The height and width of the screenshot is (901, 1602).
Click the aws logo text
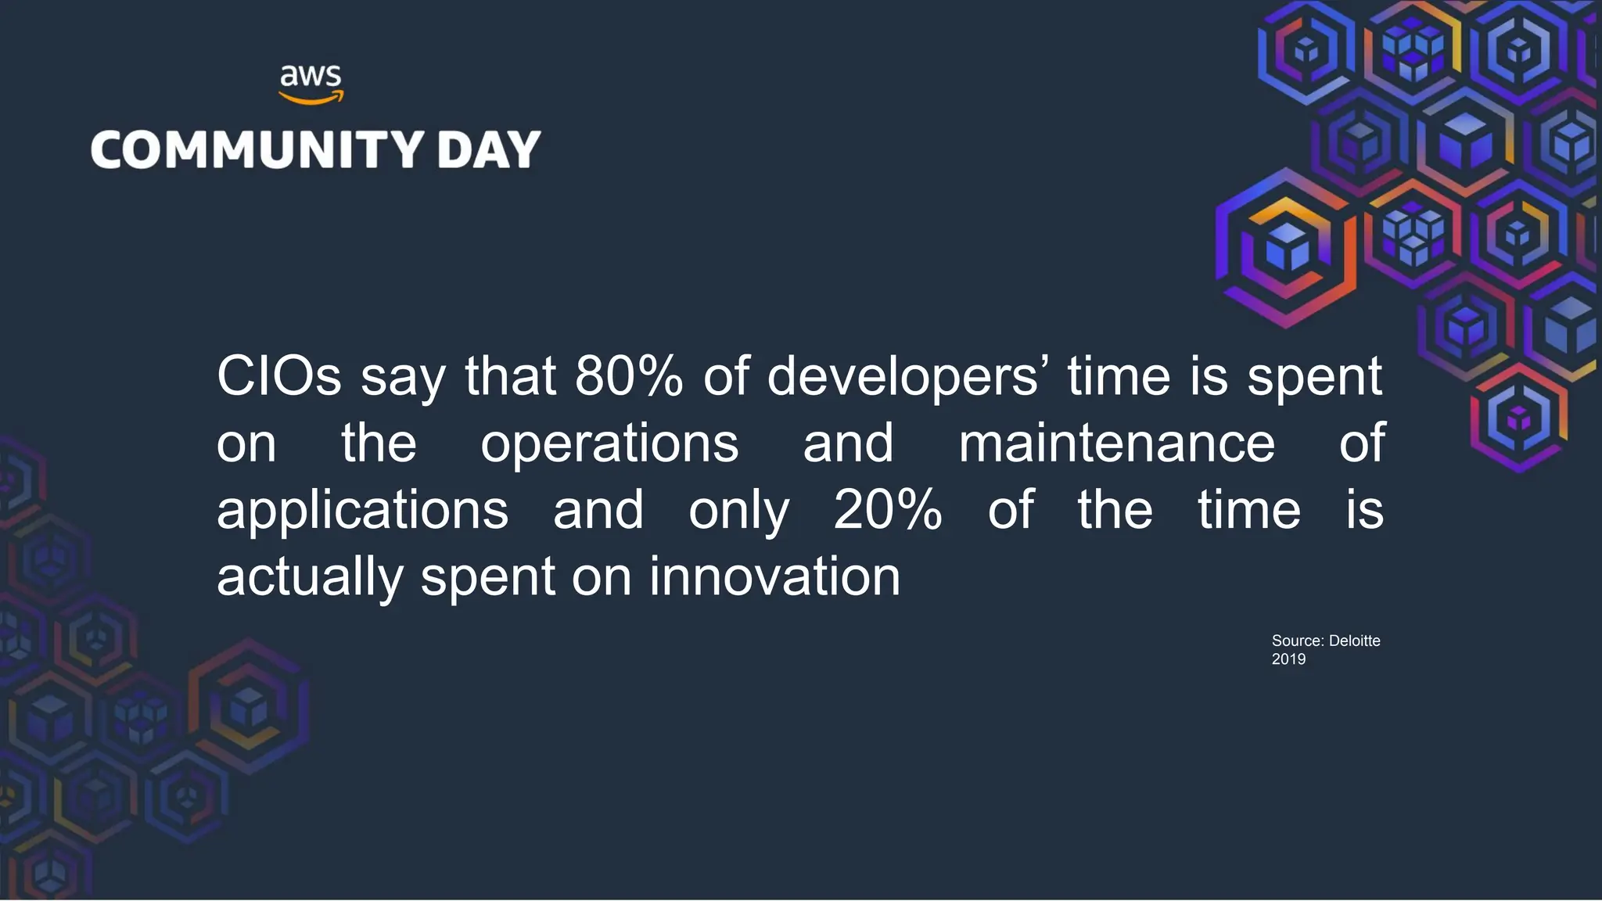point(311,77)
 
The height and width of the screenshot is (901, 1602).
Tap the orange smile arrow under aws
point(311,99)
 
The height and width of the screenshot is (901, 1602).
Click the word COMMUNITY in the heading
point(257,149)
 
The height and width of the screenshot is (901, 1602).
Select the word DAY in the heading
point(489,149)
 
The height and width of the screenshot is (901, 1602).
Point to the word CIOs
point(279,376)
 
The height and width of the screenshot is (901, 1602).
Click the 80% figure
point(629,376)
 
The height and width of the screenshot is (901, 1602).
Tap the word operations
point(609,443)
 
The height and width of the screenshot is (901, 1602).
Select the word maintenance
point(1116,443)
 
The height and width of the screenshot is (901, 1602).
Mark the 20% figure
point(888,510)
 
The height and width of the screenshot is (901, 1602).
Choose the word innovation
point(774,577)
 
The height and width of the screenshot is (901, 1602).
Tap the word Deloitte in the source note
point(1354,641)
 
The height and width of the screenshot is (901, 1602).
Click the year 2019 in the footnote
point(1288,659)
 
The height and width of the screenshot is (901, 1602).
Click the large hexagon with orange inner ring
point(1286,248)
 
